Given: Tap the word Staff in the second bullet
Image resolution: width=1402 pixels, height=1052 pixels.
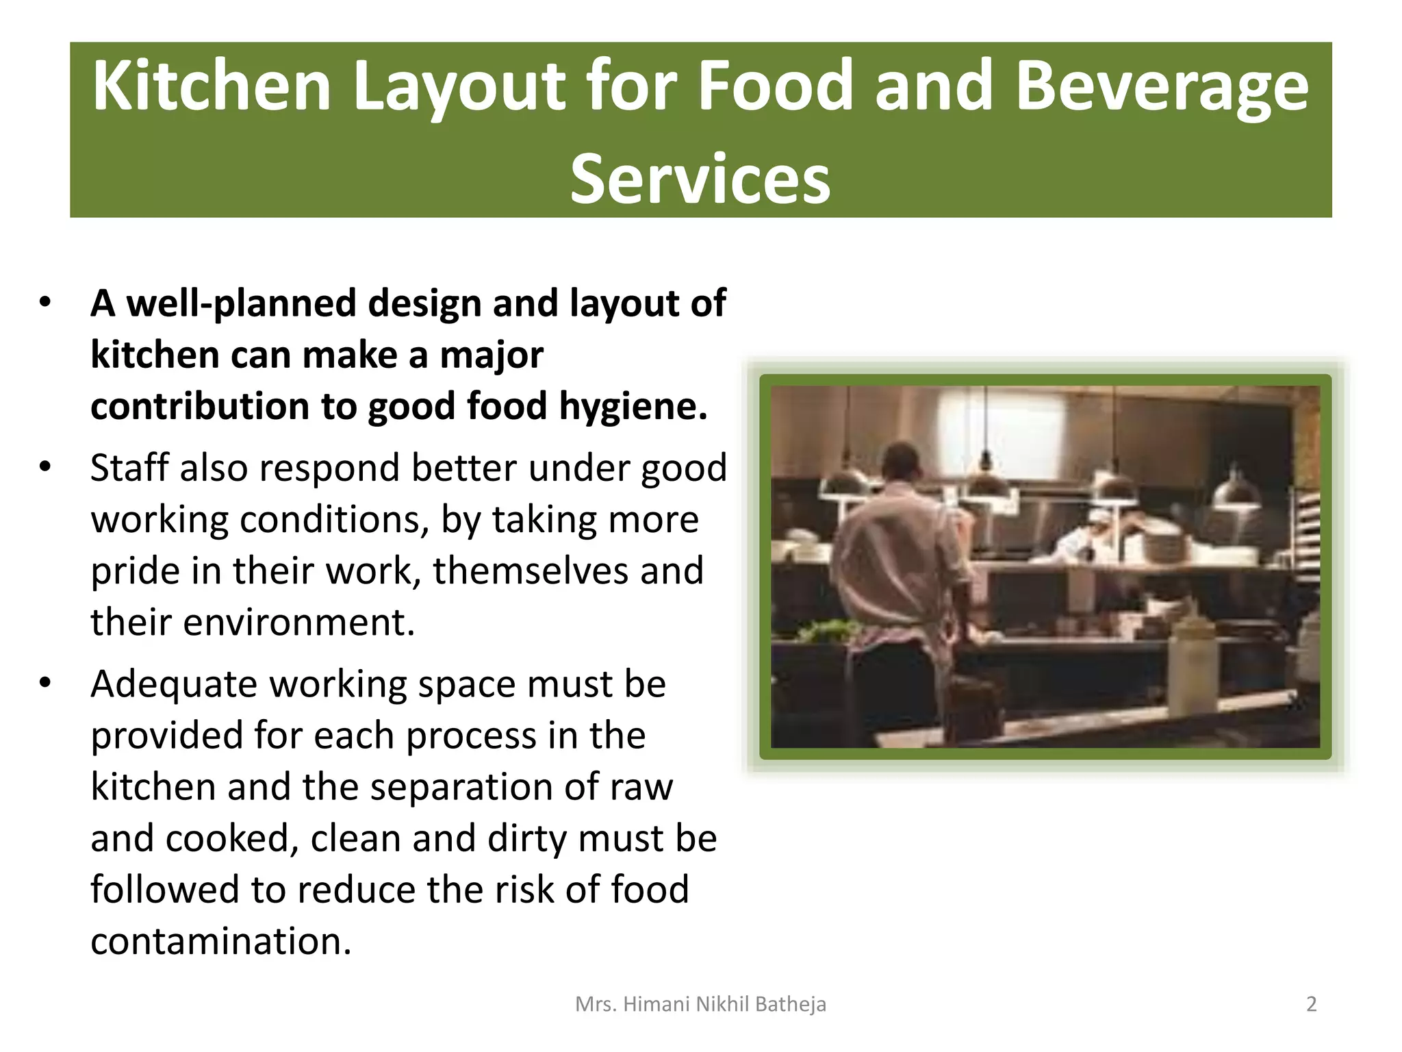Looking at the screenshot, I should (x=129, y=468).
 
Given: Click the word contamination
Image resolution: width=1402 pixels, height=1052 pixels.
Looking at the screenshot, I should (x=220, y=941).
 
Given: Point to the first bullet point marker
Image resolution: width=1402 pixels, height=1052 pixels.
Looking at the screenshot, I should (x=45, y=303).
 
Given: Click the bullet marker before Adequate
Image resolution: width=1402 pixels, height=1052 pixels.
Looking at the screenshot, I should (x=45, y=684).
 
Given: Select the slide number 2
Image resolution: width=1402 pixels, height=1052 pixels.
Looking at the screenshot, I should (x=1311, y=1004).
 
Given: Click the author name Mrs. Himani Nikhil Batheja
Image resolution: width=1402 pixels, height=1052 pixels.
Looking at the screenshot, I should (x=700, y=1004).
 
